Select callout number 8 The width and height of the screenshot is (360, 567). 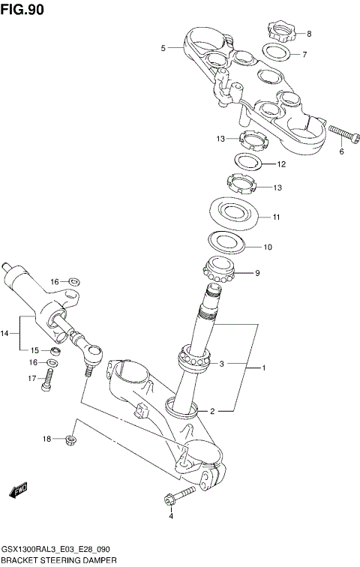click(309, 34)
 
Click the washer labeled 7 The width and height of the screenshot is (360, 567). click(277, 53)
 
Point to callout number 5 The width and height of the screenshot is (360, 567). click(163, 48)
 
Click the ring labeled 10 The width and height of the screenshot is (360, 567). click(228, 242)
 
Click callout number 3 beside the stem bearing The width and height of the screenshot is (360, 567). click(221, 364)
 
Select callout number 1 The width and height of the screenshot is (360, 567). click(263, 368)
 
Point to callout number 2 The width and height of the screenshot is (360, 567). click(212, 411)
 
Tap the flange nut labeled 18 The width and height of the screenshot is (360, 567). click(71, 439)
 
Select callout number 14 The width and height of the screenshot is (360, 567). click(6, 333)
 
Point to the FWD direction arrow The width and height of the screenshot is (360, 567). click(18, 490)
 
